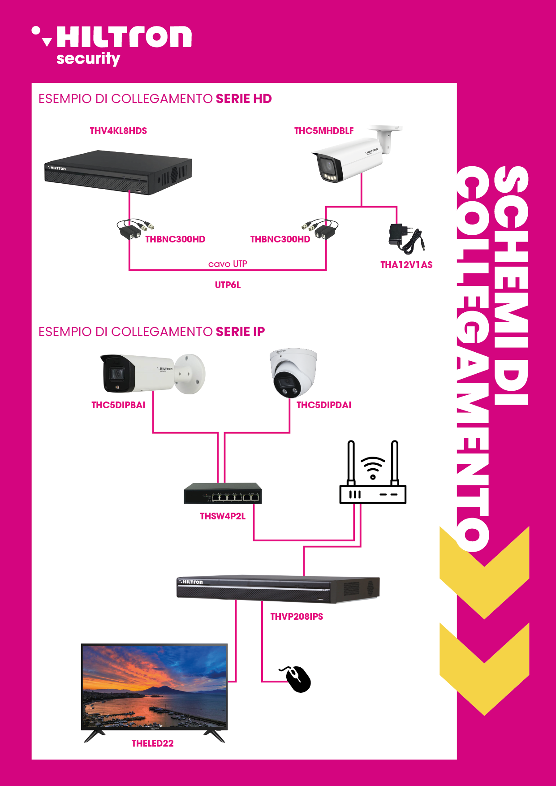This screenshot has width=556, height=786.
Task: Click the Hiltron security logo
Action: click(112, 45)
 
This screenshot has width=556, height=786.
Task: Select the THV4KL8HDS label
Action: click(118, 131)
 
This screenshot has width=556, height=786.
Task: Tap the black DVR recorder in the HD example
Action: click(118, 173)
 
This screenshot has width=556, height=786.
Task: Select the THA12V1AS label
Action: click(406, 265)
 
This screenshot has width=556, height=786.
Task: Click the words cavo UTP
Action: click(228, 264)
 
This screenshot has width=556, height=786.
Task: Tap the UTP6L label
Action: click(228, 285)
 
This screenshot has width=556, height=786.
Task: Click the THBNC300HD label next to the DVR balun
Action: click(175, 239)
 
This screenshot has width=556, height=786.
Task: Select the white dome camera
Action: click(293, 373)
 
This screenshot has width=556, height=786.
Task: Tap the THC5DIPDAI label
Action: click(324, 405)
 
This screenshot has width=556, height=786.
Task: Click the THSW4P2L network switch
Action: click(223, 493)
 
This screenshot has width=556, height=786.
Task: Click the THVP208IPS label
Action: click(297, 617)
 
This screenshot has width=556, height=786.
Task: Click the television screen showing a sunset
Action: click(154, 687)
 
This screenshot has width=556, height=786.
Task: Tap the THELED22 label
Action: click(152, 743)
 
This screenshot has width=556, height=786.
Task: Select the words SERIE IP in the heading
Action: click(240, 332)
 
